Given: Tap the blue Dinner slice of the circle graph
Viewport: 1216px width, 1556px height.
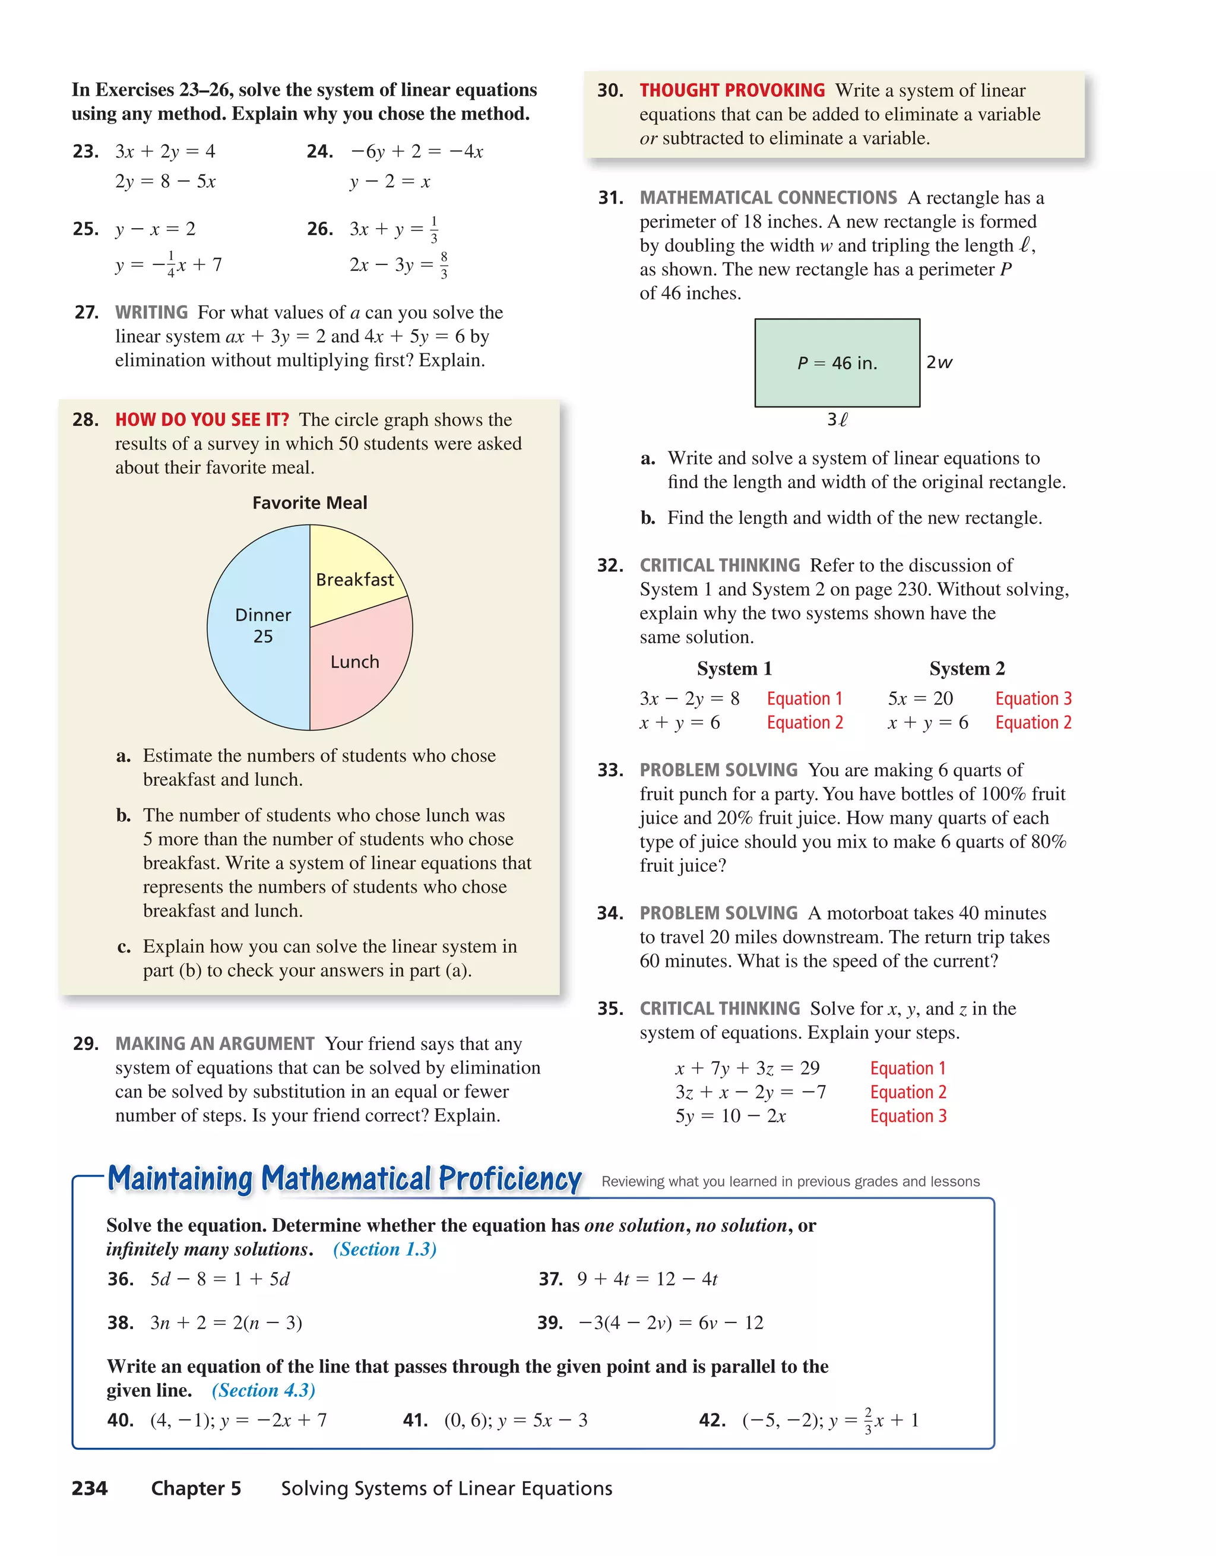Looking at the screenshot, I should click(x=256, y=627).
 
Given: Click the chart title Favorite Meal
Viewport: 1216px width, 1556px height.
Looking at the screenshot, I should click(x=309, y=503).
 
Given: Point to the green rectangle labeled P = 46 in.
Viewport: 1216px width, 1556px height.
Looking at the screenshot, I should click(x=837, y=363).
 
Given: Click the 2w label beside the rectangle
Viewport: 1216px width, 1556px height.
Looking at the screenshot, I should click(x=938, y=363).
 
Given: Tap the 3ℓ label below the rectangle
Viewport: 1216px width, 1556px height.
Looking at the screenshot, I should click(x=837, y=420).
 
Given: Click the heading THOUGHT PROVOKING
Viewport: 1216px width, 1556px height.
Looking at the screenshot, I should click(x=731, y=90).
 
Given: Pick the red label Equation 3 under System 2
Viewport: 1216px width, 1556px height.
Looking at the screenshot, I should click(x=1033, y=699).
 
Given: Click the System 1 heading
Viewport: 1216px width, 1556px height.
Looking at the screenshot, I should click(x=734, y=669).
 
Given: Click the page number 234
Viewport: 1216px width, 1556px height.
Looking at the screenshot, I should click(x=90, y=1488).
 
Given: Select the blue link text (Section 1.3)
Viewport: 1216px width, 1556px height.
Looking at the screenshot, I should click(x=385, y=1250).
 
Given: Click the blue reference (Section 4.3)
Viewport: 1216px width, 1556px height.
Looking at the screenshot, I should click(x=263, y=1391).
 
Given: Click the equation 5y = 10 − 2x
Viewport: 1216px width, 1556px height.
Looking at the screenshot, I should click(x=730, y=1117).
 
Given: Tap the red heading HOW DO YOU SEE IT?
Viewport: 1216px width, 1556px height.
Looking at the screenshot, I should click(x=202, y=420).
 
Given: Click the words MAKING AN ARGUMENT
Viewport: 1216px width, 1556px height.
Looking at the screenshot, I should click(x=214, y=1043).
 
